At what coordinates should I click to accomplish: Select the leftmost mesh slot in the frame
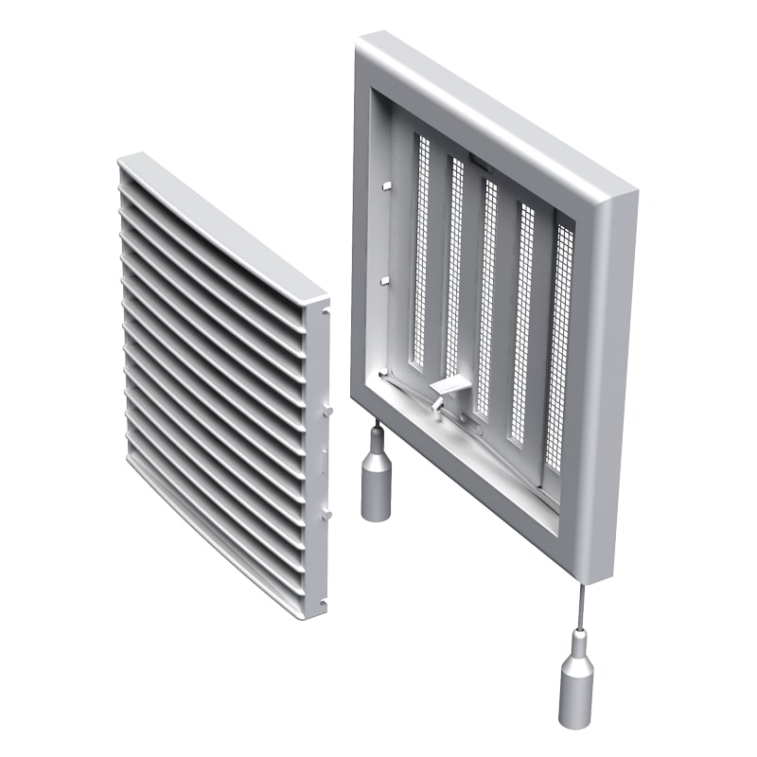[x=419, y=251]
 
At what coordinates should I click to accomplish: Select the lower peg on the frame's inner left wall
[x=384, y=280]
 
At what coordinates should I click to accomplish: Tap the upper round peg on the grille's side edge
[x=328, y=411]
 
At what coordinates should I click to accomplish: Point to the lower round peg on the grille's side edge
[x=328, y=515]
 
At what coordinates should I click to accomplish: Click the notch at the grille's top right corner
[x=324, y=307]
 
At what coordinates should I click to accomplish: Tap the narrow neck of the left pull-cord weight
[x=377, y=437]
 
